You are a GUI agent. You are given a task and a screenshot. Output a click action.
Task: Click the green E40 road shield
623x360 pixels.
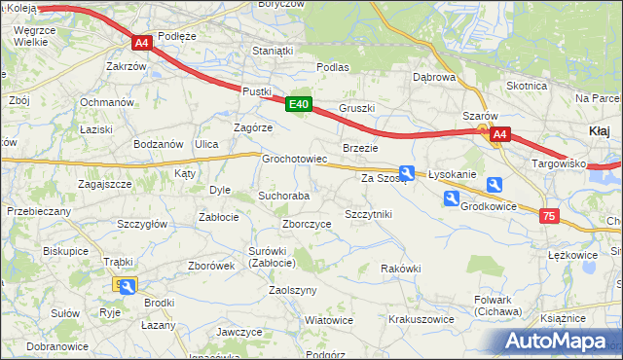coord(299,105)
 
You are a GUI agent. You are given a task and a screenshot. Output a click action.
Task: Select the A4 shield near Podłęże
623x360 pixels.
coord(142,43)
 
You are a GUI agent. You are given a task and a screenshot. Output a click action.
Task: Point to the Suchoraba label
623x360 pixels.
coord(283,196)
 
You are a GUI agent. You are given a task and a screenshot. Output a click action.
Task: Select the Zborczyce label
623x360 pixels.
coord(307,224)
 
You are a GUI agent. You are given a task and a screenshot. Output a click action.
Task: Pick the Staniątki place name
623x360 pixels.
coord(273,51)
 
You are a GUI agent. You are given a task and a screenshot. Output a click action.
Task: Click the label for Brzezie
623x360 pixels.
coord(360,148)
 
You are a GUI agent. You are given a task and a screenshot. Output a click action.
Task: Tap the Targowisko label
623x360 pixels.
coord(559,163)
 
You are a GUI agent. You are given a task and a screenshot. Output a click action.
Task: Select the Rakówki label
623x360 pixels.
coord(400,269)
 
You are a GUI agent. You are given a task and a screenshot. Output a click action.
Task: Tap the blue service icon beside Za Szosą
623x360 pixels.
coord(409,174)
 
